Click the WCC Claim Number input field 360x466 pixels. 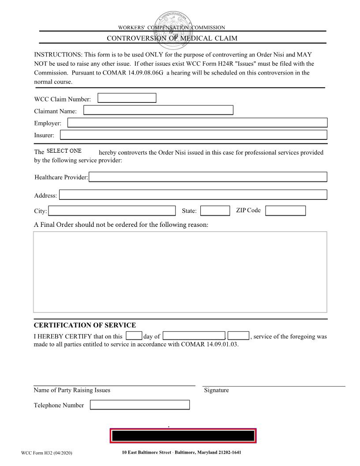pyautogui.click(x=127, y=98)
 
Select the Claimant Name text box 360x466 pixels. pyautogui.click(x=158, y=110)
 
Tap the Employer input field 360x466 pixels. pyautogui.click(x=197, y=123)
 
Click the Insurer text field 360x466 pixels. pyautogui.click(x=193, y=135)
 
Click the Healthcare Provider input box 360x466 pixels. pyautogui.click(x=208, y=177)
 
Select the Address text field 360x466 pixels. pyautogui.click(x=193, y=195)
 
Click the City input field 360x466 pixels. pyautogui.click(x=111, y=211)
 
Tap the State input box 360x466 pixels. pyautogui.click(x=215, y=211)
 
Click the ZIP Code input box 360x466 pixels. pyautogui.click(x=285, y=211)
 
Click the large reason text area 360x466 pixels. pyautogui.click(x=180, y=272)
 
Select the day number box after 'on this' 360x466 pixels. pyautogui.click(x=134, y=336)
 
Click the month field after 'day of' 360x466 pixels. pyautogui.click(x=194, y=336)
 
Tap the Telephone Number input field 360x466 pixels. pyautogui.click(x=140, y=405)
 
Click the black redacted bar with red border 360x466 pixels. pyautogui.click(x=183, y=436)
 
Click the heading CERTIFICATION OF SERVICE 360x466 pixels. pyautogui.click(x=85, y=325)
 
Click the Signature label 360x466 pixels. pyautogui.click(x=216, y=390)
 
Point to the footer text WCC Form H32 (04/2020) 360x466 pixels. pyautogui.click(x=46, y=453)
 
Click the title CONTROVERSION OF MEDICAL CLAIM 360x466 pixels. pyautogui.click(x=172, y=38)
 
